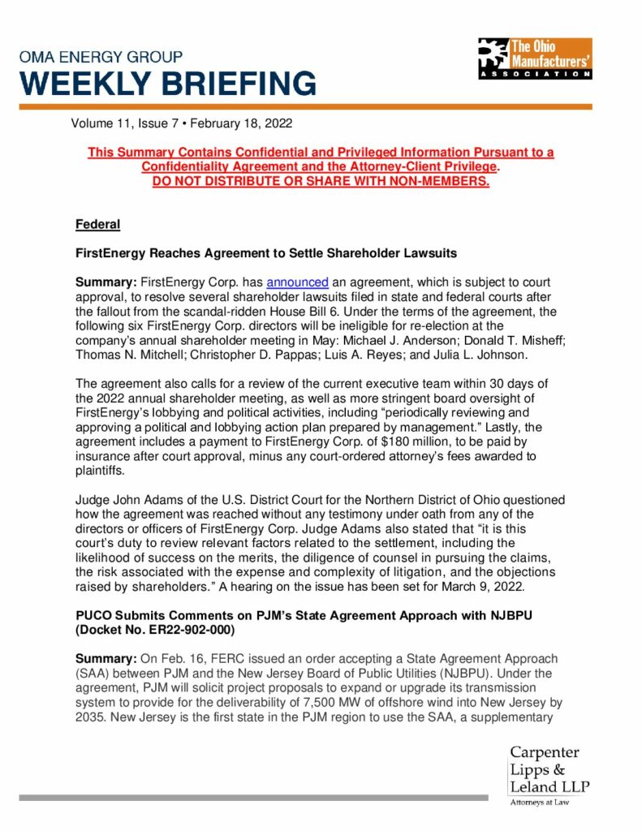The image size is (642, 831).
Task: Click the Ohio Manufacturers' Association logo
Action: [x=534, y=58]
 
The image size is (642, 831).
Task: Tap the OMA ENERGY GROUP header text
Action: [x=101, y=57]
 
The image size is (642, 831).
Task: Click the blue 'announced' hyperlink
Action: [x=297, y=282]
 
